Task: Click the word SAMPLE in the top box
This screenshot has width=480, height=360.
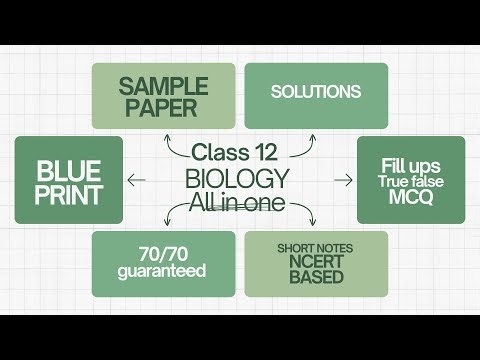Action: pos(163,87)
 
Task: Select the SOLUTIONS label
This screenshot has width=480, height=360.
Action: pos(316,92)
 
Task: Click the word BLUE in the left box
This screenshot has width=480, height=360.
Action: pos(69,169)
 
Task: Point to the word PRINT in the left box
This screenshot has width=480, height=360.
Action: pos(69,193)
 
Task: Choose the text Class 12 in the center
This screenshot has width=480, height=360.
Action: pos(236,153)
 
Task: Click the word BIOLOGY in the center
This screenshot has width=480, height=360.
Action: pos(238,179)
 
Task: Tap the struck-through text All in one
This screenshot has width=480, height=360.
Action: pos(238,203)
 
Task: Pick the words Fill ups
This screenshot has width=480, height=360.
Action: pos(411,164)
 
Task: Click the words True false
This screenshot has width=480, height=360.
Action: pos(411,181)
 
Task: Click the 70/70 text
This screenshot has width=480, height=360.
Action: pos(163,254)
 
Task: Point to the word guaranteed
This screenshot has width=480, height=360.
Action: pos(163,271)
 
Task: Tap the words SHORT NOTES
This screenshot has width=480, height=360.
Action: pos(316,247)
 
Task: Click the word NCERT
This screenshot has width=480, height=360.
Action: pos(316,262)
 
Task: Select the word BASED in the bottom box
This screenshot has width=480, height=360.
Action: pos(316,277)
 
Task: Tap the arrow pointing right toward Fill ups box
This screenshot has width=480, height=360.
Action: pos(343,180)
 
